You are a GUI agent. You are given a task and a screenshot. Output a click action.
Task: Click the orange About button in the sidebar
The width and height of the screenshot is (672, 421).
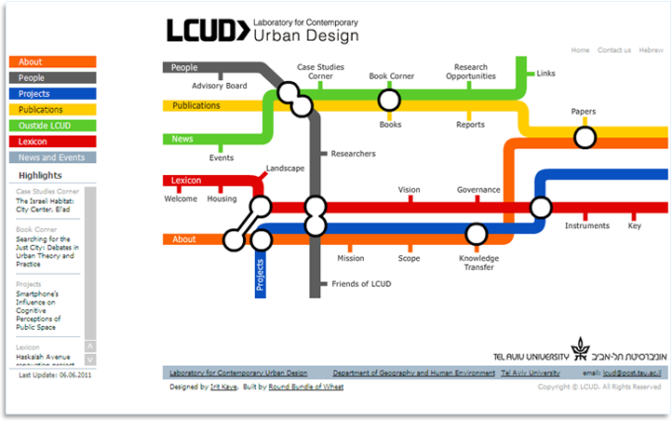52,62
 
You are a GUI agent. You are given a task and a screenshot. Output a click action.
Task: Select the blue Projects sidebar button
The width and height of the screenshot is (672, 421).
52,94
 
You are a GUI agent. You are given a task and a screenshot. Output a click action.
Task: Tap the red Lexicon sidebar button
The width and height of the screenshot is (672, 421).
52,142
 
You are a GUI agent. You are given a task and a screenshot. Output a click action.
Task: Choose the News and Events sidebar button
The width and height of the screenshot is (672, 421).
52,157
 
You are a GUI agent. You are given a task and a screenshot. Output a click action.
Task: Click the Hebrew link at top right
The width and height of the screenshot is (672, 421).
652,50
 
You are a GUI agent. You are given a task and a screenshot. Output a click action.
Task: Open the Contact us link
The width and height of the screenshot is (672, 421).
614,50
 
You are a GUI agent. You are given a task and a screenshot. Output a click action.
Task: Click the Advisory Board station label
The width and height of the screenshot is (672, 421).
220,86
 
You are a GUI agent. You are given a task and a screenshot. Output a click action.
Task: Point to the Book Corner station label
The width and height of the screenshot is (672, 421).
391,76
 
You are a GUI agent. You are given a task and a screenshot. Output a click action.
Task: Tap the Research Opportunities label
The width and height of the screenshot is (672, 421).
470,72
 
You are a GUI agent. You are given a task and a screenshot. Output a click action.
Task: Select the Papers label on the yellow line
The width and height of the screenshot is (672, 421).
584,112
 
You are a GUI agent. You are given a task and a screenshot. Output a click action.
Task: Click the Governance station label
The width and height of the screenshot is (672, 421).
478,190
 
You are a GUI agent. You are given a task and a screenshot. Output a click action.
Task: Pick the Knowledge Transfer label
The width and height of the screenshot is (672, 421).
478,263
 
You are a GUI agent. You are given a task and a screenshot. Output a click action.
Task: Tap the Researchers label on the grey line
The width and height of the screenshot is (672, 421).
353,153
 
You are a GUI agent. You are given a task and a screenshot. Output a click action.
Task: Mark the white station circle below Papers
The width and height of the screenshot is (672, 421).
585,138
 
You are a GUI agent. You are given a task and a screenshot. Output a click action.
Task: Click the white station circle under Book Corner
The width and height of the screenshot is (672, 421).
389,100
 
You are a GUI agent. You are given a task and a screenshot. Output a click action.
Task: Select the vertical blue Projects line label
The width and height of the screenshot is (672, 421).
261,276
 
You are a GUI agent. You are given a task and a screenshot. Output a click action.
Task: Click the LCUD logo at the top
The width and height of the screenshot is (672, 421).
208,30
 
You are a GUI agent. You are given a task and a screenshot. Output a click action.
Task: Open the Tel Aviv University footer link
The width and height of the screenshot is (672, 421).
530,373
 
